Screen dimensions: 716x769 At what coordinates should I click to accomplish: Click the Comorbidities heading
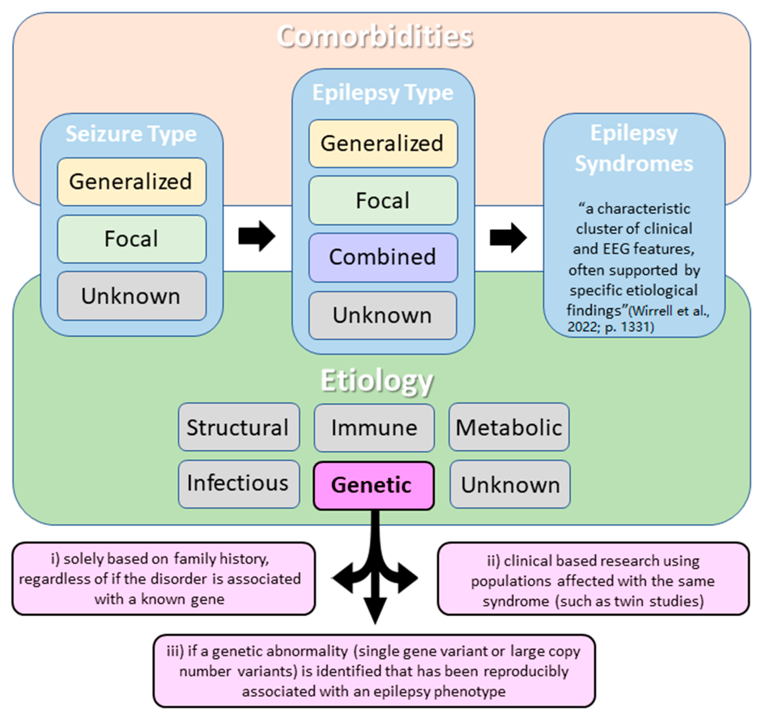point(375,37)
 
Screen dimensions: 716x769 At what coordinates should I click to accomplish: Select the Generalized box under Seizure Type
point(131,182)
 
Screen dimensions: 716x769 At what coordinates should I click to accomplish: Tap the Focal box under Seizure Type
point(131,239)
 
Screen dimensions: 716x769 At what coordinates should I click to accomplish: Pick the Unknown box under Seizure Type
point(131,296)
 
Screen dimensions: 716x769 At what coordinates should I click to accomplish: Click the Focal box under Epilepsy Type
point(383,200)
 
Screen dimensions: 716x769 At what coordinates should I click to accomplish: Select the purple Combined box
point(383,257)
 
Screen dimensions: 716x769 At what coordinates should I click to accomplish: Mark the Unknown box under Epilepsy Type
point(383,315)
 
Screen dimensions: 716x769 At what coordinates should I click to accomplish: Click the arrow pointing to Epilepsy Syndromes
point(508,237)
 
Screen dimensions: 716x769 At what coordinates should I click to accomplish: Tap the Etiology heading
point(377,381)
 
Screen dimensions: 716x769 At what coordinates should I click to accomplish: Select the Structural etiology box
point(239,427)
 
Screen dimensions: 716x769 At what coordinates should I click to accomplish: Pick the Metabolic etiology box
point(509,427)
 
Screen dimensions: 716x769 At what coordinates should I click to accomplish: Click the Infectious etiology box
point(239,484)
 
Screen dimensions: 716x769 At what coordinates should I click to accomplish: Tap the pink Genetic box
point(373,486)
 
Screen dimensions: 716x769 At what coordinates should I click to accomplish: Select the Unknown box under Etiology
point(510,484)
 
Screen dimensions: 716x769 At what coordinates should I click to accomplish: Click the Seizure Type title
point(131,134)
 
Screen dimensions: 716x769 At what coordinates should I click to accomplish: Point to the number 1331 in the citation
point(635,327)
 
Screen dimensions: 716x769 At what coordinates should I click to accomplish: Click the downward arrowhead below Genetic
point(375,609)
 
